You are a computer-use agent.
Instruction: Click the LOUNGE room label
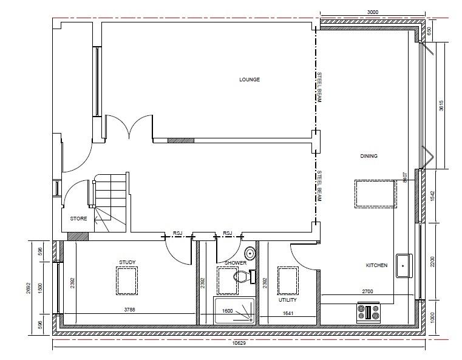[250, 80]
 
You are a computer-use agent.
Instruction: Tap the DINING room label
[369, 156]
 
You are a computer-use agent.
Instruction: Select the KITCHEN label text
[376, 265]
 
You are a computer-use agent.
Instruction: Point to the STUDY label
[127, 262]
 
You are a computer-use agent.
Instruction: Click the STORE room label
[78, 219]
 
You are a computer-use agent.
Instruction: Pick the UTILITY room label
[288, 300]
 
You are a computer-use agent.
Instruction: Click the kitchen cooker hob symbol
[369, 312]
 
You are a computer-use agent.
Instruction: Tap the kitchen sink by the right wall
[404, 265]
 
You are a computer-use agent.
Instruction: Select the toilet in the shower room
[244, 276]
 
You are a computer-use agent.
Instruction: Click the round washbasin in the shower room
[250, 253]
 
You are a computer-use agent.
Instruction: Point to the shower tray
[234, 310]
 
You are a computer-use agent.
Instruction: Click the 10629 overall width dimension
[239, 343]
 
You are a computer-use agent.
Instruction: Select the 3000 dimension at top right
[372, 12]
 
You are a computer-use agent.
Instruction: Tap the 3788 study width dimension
[130, 310]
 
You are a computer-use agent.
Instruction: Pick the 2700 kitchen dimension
[367, 291]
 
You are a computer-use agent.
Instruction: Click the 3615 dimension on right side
[441, 106]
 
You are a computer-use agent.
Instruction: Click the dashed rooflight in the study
[127, 280]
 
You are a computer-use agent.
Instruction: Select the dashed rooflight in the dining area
[375, 194]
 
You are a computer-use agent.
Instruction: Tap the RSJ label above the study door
[178, 233]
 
